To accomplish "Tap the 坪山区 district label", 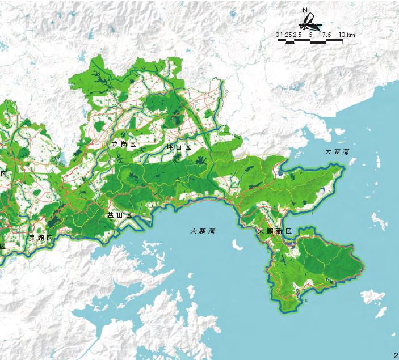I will pos(178,147).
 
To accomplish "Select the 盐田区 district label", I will pos(119,216).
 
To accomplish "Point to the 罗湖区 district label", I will pos(41,237).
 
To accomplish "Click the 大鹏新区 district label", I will pos(274,231).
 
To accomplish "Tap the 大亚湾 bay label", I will pos(335,152).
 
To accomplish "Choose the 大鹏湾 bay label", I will pos(203,231).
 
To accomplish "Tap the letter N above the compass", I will pos(305,10).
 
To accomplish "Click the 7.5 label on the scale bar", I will pos(326,35).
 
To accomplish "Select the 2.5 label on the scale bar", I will pos(297,35).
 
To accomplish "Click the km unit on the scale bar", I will pos(351,35).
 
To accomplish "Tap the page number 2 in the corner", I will pos(395,355).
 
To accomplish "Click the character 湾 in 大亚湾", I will pos(346,152).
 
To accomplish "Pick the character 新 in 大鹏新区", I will pos(279,231).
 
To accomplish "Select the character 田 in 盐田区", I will pos(119,216).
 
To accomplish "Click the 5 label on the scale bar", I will pos(310,35).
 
